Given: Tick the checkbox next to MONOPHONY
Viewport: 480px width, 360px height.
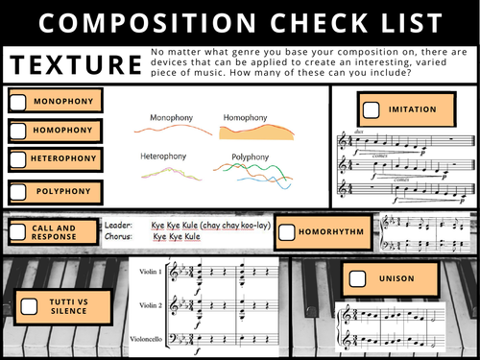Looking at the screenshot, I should point(19,100).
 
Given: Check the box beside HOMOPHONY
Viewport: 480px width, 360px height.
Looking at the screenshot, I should point(19,129).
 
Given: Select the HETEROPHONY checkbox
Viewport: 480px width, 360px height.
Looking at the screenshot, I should point(19,157).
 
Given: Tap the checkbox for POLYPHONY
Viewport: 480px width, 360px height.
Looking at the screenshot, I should point(19,191).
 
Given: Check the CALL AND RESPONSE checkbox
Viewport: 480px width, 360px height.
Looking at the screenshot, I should point(18,231).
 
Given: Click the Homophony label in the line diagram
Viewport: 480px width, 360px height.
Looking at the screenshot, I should point(246,117).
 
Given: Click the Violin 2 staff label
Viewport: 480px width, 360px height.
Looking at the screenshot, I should point(149,305).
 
